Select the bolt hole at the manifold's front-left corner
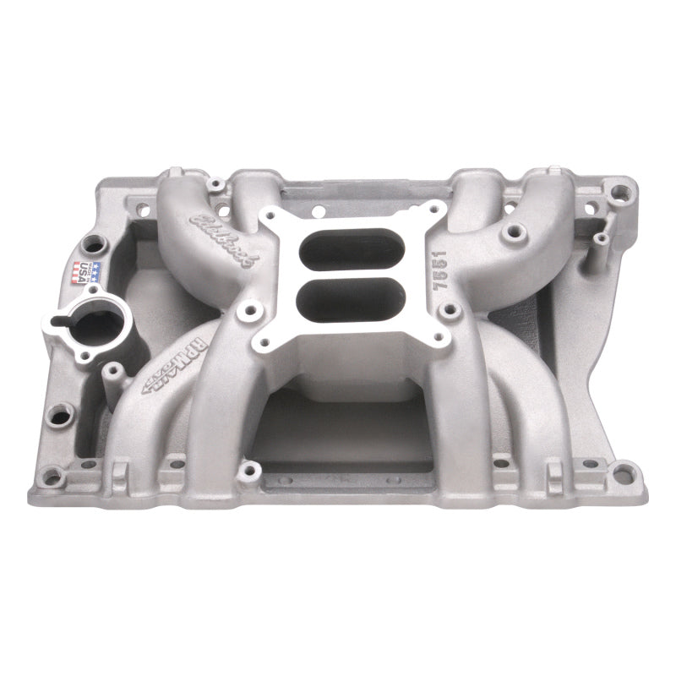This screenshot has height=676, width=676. [52, 478]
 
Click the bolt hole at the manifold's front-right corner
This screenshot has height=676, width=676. [623, 474]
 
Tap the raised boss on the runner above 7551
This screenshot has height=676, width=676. [511, 230]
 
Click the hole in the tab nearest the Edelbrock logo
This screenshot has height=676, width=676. [217, 183]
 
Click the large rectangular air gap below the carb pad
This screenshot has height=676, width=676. [342, 431]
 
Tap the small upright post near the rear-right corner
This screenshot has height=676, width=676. [599, 240]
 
